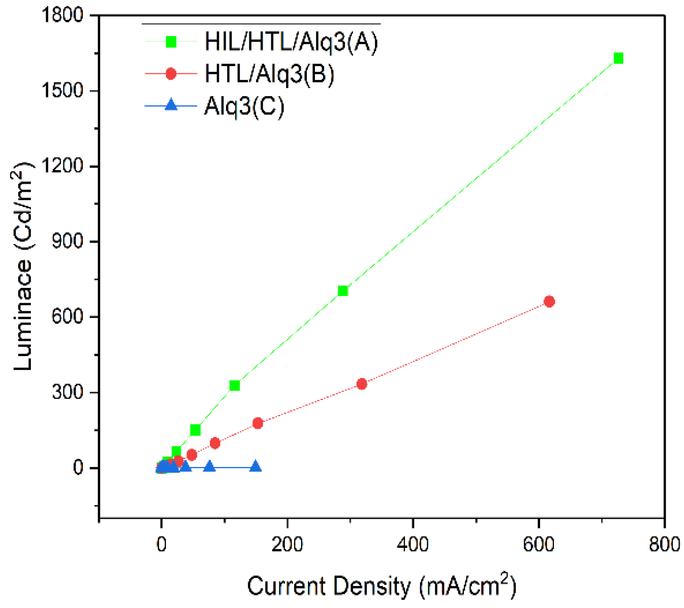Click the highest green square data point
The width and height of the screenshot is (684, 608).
click(618, 58)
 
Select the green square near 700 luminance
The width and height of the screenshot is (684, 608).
click(343, 291)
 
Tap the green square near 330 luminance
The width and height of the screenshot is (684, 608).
click(234, 385)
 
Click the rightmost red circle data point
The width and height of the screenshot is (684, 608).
click(549, 301)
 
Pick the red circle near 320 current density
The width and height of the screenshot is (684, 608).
click(361, 384)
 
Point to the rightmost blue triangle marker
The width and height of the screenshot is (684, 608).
click(255, 467)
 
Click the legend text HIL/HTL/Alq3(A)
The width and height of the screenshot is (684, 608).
click(291, 42)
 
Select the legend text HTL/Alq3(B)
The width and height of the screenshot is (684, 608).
click(269, 74)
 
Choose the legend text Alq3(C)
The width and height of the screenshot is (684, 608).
click(244, 106)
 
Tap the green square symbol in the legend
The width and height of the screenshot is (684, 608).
click(171, 41)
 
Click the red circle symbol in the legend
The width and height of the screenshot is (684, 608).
click(171, 74)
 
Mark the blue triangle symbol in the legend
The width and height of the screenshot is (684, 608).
click(171, 105)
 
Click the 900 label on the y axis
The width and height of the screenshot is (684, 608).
click(68, 241)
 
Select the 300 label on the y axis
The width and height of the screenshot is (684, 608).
click(68, 392)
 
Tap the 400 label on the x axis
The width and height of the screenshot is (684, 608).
click(413, 544)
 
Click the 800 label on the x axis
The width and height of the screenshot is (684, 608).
click(664, 544)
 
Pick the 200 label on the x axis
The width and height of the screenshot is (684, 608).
click(287, 544)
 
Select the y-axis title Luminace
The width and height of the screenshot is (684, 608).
click(23, 267)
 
